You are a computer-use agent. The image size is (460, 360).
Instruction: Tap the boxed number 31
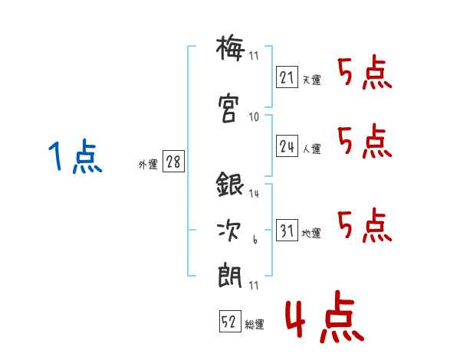[x=287, y=231]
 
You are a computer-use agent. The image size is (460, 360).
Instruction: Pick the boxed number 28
[x=172, y=162]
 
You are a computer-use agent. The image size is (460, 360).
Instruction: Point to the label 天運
[x=311, y=79]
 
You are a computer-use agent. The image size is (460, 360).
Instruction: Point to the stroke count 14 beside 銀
[x=254, y=194]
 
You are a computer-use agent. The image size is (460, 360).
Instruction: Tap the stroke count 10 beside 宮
[x=254, y=117]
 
